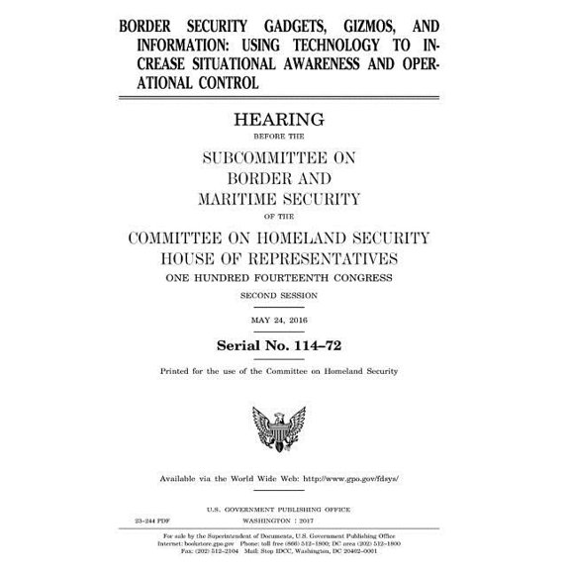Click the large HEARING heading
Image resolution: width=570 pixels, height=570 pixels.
coord(285,120)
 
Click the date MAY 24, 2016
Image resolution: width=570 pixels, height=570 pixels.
coord(285,320)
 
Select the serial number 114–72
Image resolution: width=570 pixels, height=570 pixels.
coord(317,345)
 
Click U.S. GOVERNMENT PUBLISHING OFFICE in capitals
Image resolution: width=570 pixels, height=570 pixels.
coord(285,507)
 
